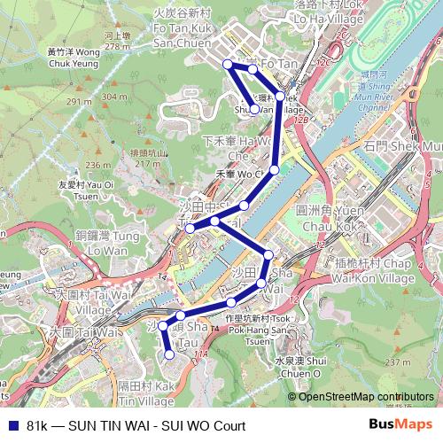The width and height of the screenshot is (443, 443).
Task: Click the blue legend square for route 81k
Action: pos(11,425)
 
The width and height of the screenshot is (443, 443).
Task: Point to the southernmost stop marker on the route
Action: pos(170,354)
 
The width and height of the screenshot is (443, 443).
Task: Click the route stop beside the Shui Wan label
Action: pos(254,110)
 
